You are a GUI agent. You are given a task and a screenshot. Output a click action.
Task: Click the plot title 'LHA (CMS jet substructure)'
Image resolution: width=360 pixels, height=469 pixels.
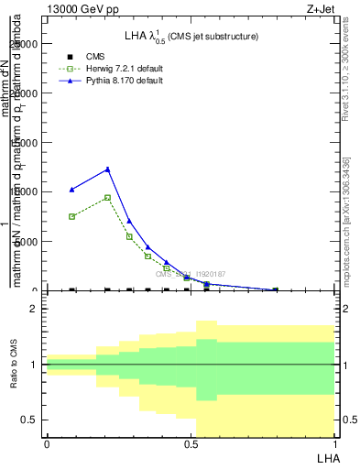click(191, 36)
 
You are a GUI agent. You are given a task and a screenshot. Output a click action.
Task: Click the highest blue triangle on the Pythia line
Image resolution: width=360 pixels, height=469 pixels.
click(108, 169)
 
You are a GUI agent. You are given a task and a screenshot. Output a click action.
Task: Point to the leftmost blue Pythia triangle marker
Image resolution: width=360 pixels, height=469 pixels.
click(72, 190)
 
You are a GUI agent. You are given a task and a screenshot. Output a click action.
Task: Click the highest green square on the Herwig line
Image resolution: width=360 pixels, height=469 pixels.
click(108, 197)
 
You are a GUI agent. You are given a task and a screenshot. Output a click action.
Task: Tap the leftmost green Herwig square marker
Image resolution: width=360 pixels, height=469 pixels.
click(72, 216)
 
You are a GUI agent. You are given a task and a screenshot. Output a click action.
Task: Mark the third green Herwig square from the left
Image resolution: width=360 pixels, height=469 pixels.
click(129, 236)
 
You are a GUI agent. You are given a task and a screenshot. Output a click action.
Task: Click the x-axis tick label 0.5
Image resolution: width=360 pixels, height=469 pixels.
click(190, 444)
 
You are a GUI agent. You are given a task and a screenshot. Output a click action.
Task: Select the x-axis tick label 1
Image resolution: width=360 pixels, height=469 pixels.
click(333, 444)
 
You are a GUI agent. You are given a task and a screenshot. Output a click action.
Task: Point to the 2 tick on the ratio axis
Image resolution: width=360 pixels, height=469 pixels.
click(33, 310)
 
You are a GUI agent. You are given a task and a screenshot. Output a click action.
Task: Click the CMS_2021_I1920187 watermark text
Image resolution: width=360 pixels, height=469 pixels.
click(191, 274)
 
